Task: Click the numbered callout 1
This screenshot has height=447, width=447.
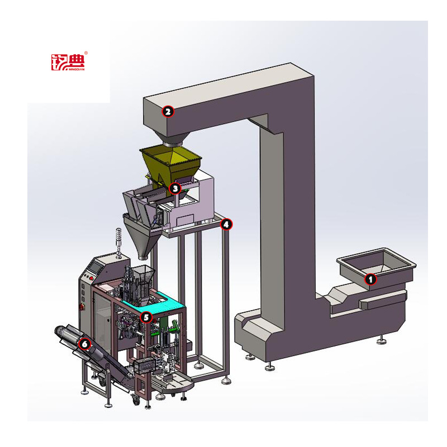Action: (370, 279)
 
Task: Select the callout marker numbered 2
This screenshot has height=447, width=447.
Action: (168, 111)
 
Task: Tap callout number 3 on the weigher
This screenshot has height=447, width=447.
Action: (175, 188)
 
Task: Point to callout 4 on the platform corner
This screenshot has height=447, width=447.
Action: (226, 225)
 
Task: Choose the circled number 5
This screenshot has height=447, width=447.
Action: (146, 317)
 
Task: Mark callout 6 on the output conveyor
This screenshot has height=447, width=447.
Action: (85, 344)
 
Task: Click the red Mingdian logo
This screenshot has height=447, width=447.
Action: (68, 62)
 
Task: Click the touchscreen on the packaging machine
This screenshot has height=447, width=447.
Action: (95, 267)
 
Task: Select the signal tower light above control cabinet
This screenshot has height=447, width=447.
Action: (118, 243)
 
